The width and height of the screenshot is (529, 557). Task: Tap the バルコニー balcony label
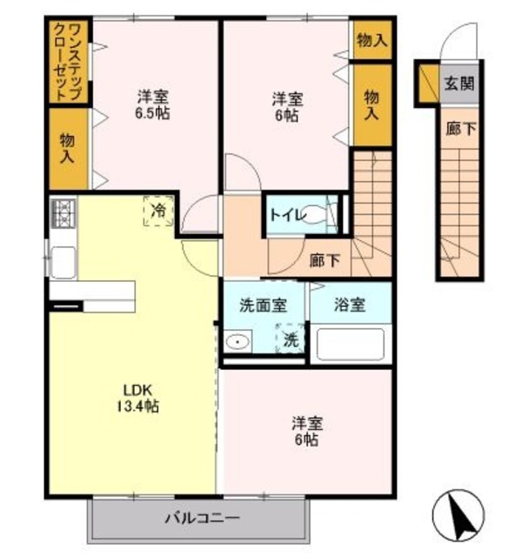coord(201,520)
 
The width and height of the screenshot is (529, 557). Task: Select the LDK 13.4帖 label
coord(139,396)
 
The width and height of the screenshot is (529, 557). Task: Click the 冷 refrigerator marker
coord(158,210)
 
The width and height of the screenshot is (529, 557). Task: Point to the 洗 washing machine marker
coord(290,340)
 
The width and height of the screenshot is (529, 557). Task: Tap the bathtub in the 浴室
coord(350,345)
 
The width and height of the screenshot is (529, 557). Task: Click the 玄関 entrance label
coord(458,84)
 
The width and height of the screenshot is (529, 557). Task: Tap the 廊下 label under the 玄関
coord(460,128)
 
